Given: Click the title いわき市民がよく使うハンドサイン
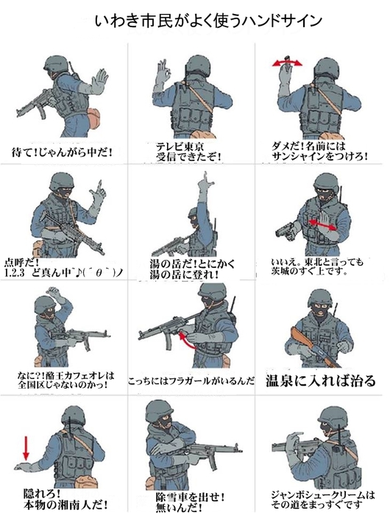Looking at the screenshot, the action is [209, 21].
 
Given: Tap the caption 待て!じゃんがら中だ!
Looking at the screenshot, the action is [62, 152].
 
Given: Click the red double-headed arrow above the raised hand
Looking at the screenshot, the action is [287, 63].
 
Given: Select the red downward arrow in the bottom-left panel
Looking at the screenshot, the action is [26, 448].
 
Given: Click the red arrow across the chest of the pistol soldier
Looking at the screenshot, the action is [323, 224].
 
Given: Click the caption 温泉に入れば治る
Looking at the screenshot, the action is [320, 381].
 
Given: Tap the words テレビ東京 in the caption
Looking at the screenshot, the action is [180, 146].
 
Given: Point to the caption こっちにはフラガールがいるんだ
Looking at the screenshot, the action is [191, 381].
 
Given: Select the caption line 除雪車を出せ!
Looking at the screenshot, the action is [191, 497].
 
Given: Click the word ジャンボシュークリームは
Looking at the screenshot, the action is [323, 495].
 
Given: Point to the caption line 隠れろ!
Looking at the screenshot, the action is [42, 492].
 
